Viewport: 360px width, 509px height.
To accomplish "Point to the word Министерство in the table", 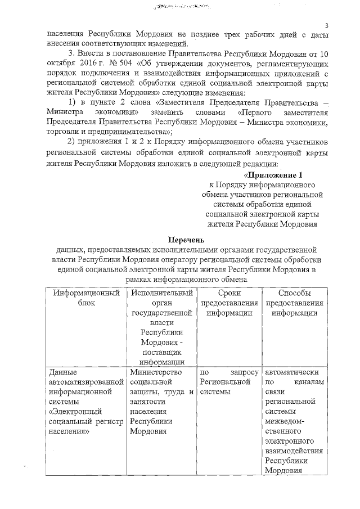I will [155, 372].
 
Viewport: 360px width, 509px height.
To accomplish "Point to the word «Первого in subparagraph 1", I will [250, 111].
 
